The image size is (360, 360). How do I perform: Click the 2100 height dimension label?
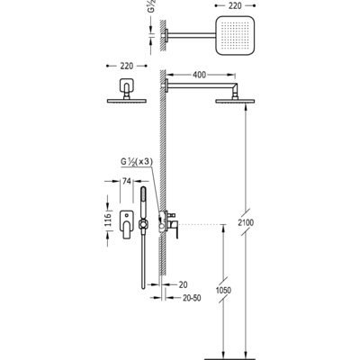pyautogui.click(x=246, y=222)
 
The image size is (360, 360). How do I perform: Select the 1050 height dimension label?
pyautogui.click(x=223, y=290)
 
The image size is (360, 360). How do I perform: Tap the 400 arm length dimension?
pyautogui.click(x=199, y=75)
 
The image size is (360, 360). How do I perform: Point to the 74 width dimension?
pyautogui.click(x=127, y=181)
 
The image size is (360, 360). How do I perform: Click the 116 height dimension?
pyautogui.click(x=108, y=220)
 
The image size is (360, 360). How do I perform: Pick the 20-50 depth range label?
pyautogui.click(x=192, y=298)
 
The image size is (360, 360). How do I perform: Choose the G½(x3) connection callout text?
pyautogui.click(x=137, y=162)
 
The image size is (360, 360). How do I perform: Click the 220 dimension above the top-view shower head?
pyautogui.click(x=235, y=5)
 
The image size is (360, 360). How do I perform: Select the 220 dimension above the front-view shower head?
pyautogui.click(x=127, y=66)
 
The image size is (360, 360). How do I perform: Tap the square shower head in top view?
pyautogui.click(x=235, y=36)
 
